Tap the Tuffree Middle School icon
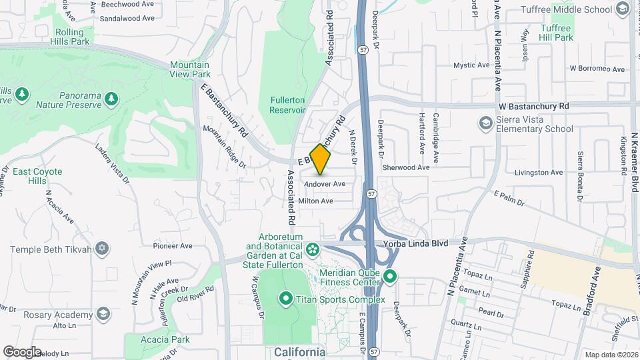[x=623, y=9]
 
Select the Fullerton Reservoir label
[x=287, y=105]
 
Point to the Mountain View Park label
[x=189, y=69]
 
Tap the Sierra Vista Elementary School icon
[x=485, y=123]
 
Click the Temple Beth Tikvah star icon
[x=101, y=249]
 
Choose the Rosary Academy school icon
[x=103, y=315]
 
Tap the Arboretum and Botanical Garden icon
[x=313, y=249]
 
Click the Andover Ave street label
[x=325, y=184]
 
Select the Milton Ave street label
[x=315, y=201]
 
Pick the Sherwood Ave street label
[x=406, y=168]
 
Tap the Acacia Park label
[x=165, y=339]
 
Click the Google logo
[x=22, y=351]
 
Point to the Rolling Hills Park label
[x=69, y=37]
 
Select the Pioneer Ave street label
[x=172, y=245]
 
